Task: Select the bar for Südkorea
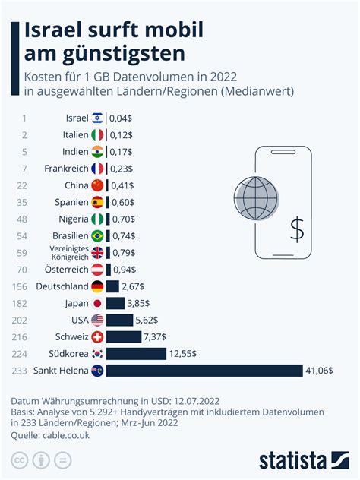(x=136, y=354)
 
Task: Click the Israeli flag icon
(x=97, y=118)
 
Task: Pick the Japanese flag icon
(x=97, y=304)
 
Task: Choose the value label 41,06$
(x=319, y=371)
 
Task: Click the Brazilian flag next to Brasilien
(x=97, y=235)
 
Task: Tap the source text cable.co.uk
(x=68, y=435)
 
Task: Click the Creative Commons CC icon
(x=19, y=459)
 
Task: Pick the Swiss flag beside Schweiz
(x=97, y=337)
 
